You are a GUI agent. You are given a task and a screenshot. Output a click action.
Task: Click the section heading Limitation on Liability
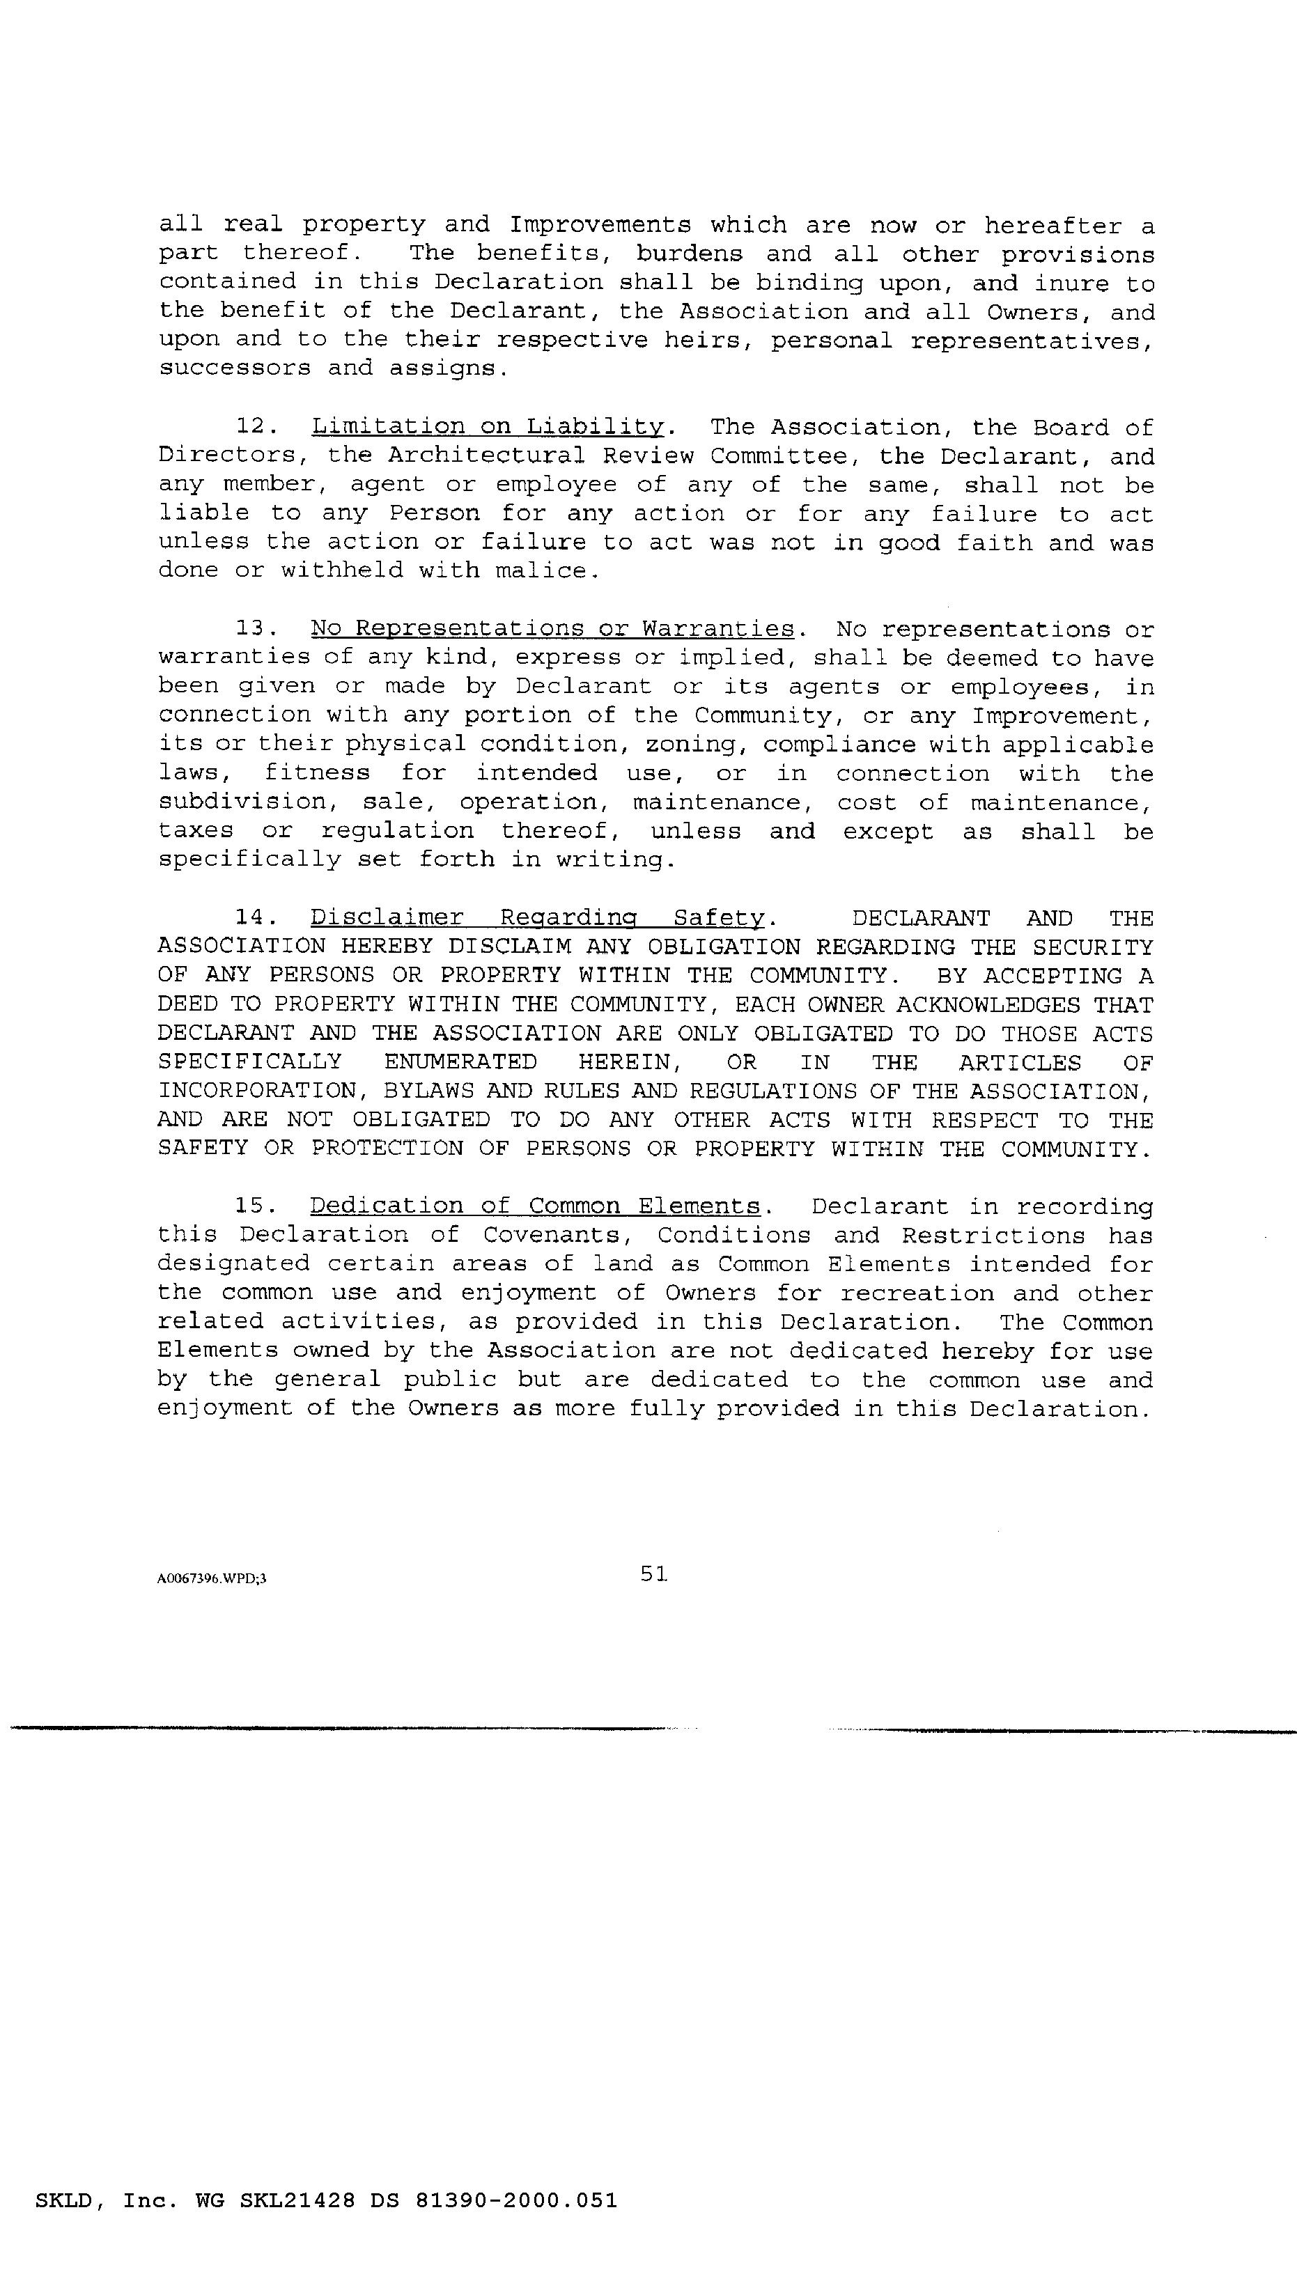488,427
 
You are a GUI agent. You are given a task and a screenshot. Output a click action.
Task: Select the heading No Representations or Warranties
552,629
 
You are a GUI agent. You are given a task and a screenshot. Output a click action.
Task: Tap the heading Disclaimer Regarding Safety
537,917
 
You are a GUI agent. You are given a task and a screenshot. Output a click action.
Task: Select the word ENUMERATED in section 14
460,1061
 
